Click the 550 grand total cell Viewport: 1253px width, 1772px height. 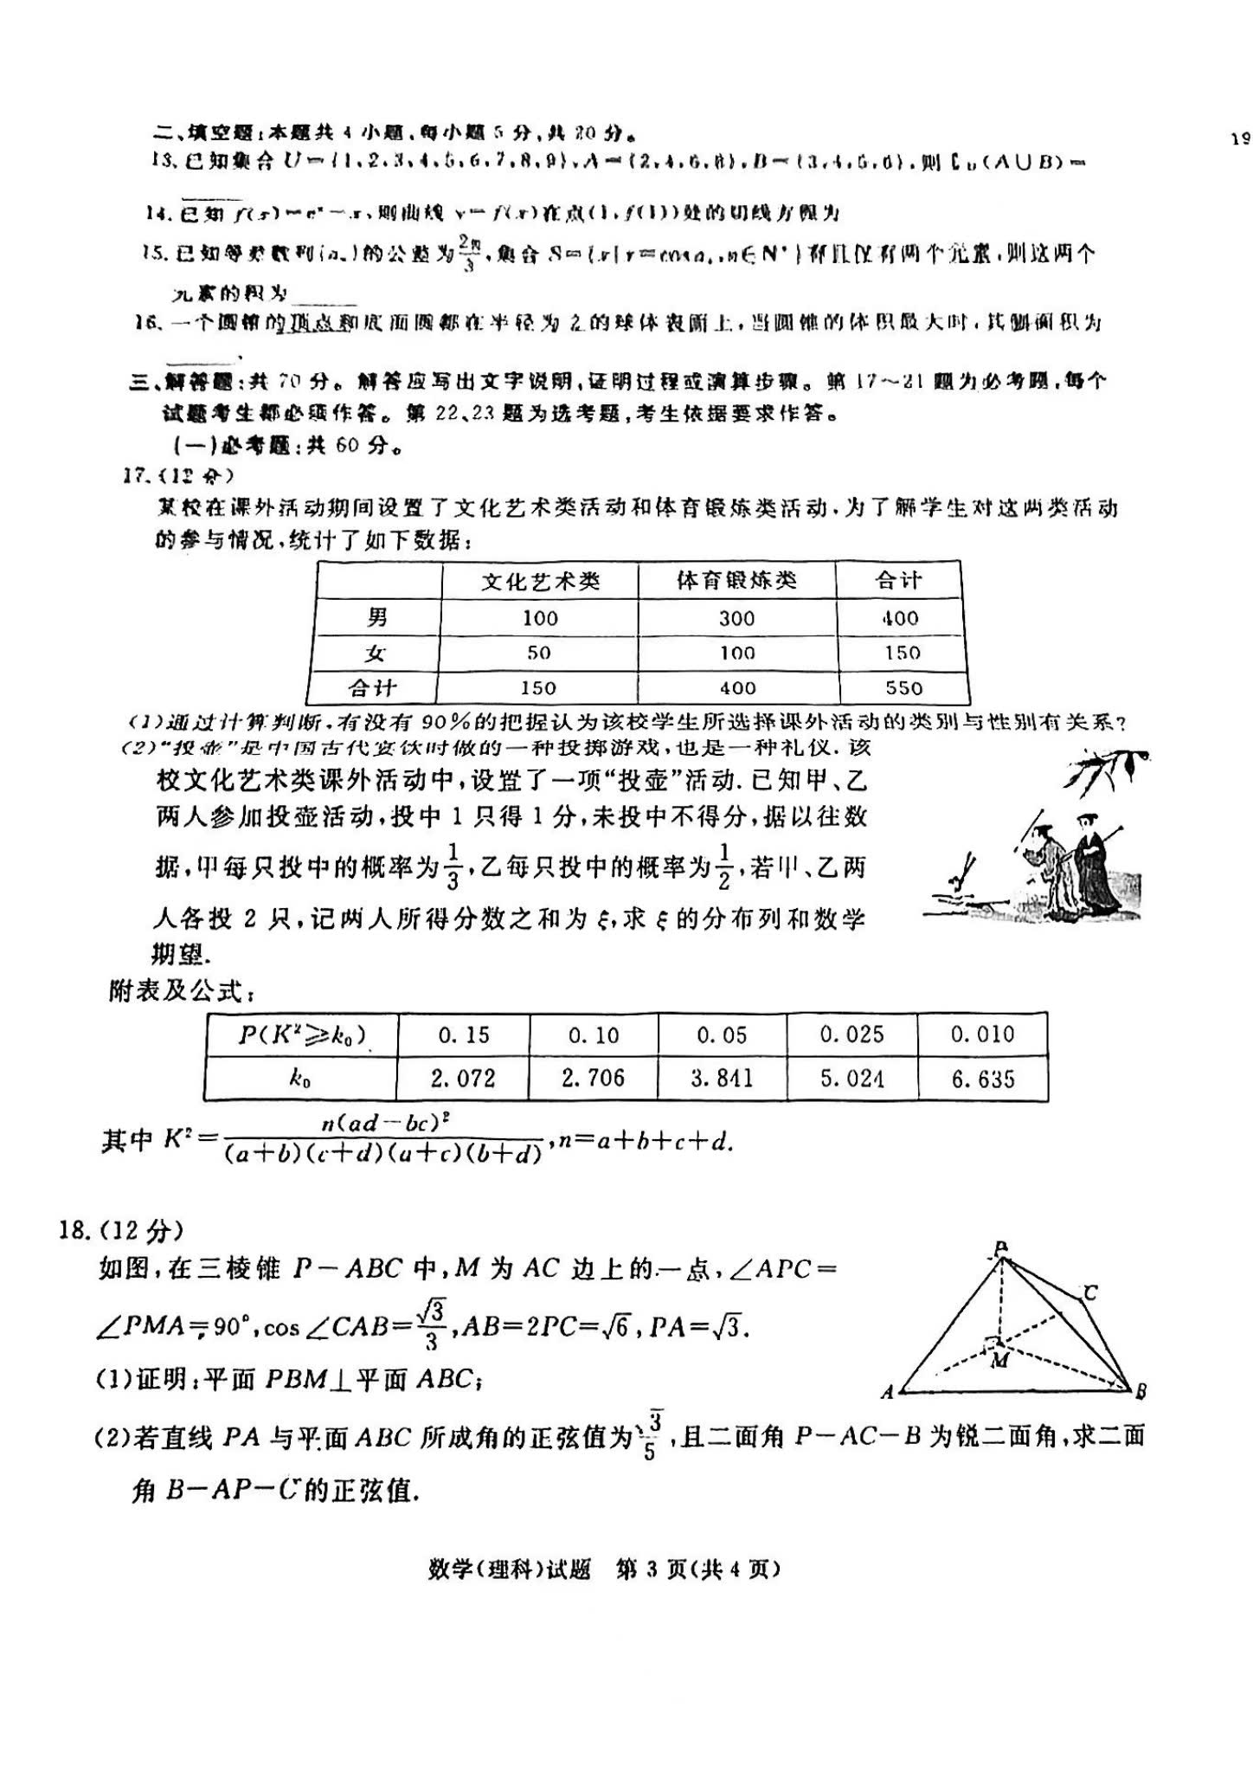903,688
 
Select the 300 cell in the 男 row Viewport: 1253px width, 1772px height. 736,618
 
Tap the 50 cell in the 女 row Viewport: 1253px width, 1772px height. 538,653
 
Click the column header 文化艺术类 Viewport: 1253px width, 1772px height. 540,581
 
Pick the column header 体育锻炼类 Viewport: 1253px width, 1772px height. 736,580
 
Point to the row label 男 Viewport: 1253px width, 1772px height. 377,617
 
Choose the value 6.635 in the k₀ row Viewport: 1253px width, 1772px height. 982,1079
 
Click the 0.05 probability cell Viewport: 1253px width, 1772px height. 722,1034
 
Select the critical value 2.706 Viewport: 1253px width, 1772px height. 593,1079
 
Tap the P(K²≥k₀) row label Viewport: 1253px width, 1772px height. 301,1034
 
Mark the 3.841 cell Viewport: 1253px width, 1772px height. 722,1079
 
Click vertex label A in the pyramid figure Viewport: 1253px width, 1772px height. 887,1393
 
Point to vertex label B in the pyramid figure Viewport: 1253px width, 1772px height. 1141,1391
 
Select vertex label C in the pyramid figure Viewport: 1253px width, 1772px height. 1090,1293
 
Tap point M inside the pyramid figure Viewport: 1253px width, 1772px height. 999,1360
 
